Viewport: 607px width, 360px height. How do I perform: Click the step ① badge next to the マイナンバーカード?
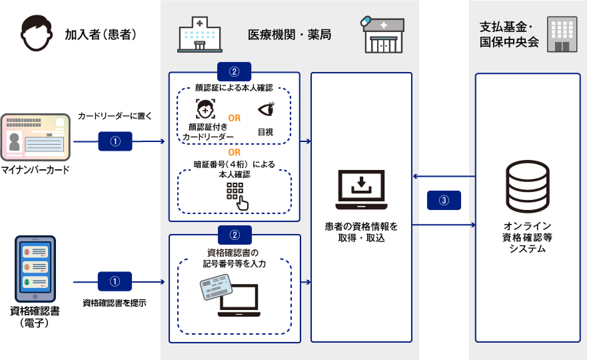(x=115, y=141)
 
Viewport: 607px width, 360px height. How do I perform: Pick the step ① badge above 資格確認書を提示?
(x=115, y=281)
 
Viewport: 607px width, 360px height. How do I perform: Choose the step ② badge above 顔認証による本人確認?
(x=234, y=71)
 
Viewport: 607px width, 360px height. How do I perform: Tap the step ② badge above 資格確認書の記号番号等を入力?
(x=234, y=234)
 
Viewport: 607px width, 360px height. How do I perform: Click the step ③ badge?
(x=444, y=199)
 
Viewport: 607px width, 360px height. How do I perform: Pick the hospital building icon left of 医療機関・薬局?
(x=199, y=35)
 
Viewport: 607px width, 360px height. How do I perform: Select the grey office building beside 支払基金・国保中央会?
(x=562, y=35)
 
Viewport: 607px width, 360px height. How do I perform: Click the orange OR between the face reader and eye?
(x=234, y=119)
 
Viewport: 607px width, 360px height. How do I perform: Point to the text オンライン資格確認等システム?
(x=527, y=237)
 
